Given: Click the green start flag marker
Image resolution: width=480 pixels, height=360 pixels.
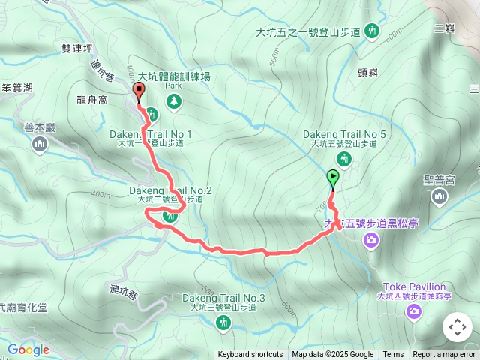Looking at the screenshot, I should pos(333,178).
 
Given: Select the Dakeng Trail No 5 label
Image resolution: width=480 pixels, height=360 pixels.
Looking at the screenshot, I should pos(344,134).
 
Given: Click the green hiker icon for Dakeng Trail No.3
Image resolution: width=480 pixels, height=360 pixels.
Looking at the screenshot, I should pos(223,323).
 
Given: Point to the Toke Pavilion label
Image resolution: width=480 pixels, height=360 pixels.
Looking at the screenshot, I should pos(414,286).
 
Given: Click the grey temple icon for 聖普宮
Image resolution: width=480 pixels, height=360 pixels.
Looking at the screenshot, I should pos(439,196).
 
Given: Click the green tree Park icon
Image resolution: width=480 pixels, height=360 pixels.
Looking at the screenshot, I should pos(174,100).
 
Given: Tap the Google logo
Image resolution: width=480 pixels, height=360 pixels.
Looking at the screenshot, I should pos(28,349).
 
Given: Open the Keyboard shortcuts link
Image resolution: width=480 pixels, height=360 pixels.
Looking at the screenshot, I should pos(250,355).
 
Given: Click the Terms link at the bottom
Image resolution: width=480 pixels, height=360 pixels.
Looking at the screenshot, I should pos(393,355).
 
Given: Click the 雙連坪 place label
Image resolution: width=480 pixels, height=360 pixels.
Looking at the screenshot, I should pos(77,48).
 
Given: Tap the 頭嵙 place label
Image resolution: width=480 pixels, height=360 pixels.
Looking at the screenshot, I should pos(368,72).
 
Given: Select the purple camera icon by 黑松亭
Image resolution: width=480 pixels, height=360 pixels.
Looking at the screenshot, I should pos(370,240).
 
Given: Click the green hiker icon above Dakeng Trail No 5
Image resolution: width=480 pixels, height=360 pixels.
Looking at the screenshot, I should pos(344,158).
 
